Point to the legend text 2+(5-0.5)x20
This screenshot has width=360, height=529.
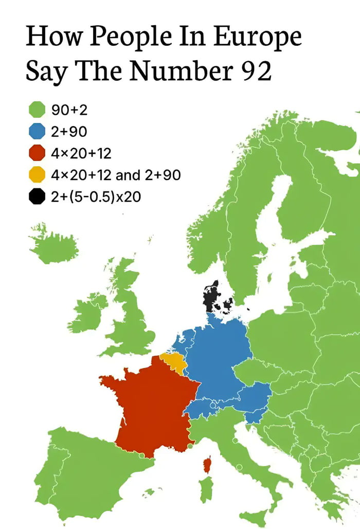pyautogui.click(x=96, y=197)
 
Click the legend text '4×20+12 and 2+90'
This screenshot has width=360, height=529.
pyautogui.click(x=116, y=175)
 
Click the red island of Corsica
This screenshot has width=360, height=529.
pyautogui.click(x=207, y=465)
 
